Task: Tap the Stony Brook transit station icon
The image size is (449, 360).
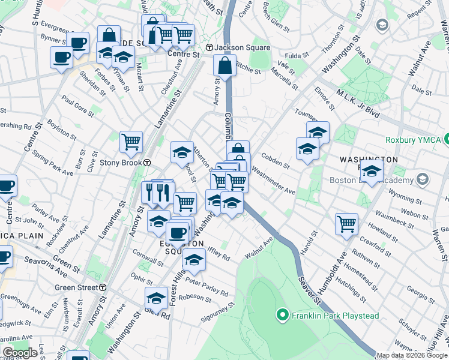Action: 147,163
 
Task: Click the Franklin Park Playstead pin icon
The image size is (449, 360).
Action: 280,314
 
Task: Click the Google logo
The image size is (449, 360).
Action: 20,353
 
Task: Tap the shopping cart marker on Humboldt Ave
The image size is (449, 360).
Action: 347,224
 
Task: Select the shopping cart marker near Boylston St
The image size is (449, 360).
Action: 131,142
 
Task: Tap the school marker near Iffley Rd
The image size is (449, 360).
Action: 194,260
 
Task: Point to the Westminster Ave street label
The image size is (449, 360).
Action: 273,182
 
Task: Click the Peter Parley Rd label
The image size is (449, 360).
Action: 207,287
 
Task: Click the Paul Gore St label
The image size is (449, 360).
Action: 78,107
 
